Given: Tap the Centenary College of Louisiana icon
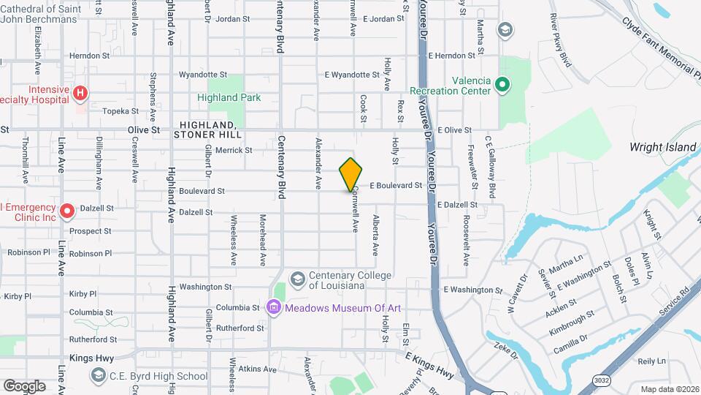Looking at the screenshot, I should [297, 279].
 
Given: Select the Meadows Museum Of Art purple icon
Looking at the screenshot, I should [274, 307].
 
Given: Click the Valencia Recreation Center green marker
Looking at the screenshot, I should [502, 86].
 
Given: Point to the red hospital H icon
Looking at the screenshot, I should [80, 94].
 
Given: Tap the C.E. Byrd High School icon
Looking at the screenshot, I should [98, 375].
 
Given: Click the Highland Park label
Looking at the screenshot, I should [229, 98].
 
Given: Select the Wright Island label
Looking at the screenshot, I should [663, 147].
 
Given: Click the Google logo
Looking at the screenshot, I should [24, 385].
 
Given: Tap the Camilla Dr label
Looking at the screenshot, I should [570, 344].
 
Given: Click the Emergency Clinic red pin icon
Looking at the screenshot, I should [67, 211].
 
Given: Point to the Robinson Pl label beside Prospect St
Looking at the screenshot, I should [91, 253].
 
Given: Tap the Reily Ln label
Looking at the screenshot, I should [652, 361].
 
